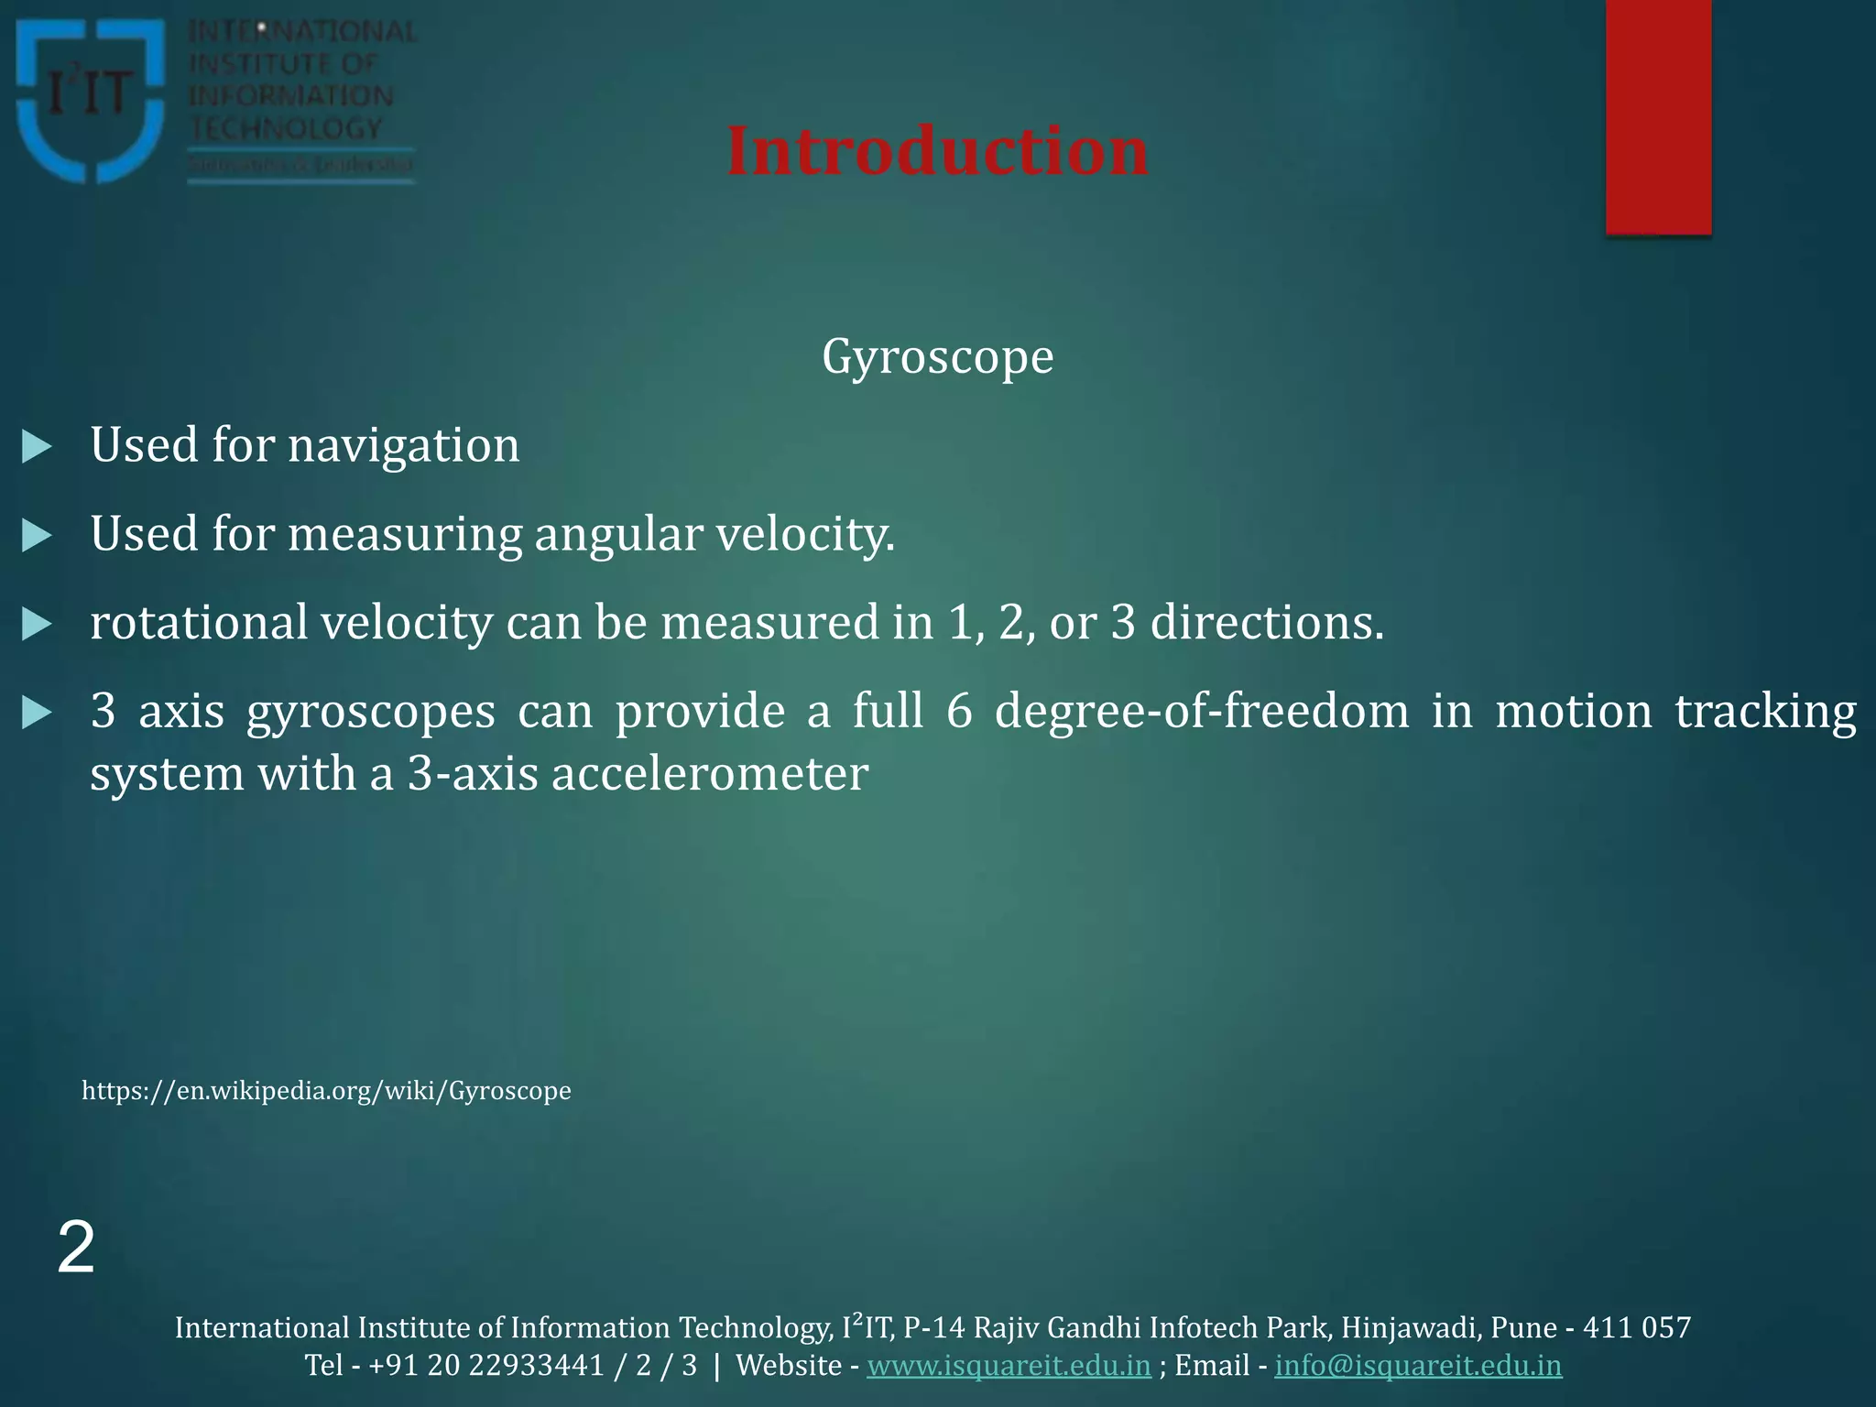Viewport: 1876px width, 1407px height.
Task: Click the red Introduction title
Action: tap(937, 151)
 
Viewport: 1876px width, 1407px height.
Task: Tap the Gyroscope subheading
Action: tap(937, 356)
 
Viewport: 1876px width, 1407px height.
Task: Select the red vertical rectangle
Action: tap(1658, 117)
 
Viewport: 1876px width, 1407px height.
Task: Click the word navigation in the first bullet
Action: tap(403, 446)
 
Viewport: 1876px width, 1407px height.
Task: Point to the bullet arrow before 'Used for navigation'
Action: tap(37, 447)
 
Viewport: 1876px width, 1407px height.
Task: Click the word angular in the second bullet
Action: tap(618, 535)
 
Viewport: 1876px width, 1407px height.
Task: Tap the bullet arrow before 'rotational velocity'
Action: tap(37, 624)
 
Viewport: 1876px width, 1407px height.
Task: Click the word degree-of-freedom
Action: tap(1202, 712)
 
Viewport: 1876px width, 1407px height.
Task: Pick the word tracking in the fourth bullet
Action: tap(1765, 712)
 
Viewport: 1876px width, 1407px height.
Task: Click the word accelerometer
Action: tap(709, 774)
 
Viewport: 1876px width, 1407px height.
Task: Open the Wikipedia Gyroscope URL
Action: tap(326, 1090)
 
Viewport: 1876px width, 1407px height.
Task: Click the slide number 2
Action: tap(76, 1248)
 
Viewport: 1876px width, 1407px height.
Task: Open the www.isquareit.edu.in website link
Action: tap(1009, 1365)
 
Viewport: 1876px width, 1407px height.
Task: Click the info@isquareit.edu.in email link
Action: tap(1418, 1365)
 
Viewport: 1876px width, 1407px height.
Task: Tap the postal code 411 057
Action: tap(1636, 1327)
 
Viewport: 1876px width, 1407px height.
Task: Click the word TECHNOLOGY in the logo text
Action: tap(286, 128)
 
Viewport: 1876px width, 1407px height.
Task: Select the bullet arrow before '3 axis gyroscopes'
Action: tap(37, 713)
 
